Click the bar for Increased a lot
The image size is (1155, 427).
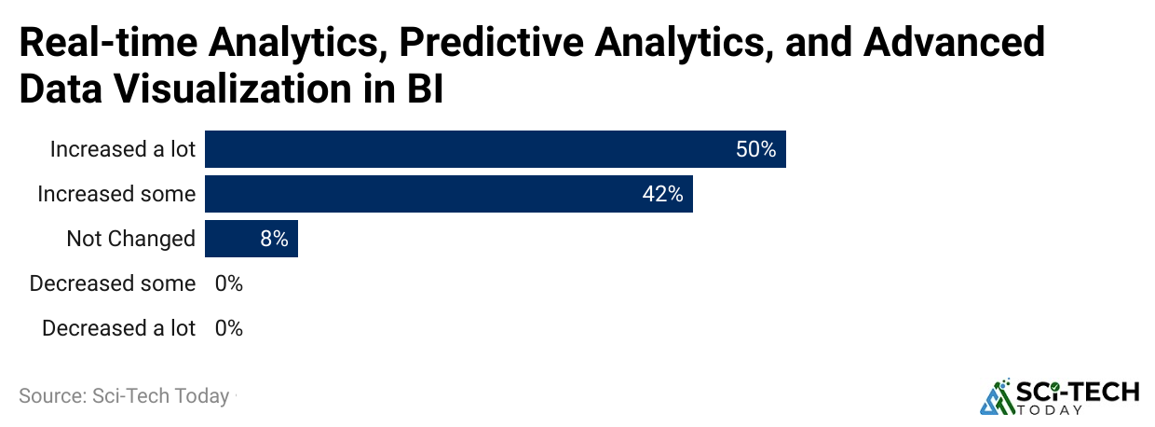[x=495, y=149]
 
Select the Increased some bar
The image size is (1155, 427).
[x=448, y=194]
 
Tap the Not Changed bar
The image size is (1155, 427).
[x=251, y=239]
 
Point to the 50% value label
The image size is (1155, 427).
[x=755, y=149]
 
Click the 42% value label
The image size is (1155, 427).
[x=662, y=194]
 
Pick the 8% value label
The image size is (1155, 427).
[x=274, y=239]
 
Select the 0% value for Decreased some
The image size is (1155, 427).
[x=228, y=283]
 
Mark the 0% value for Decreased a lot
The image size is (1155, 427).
[x=228, y=328]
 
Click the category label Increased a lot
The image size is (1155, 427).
[x=122, y=149]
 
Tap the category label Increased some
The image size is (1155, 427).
[x=116, y=194]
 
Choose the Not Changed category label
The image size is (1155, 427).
[x=130, y=239]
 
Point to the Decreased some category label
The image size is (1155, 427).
[x=113, y=283]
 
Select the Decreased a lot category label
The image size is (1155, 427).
[x=118, y=328]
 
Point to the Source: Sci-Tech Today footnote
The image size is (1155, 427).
[x=124, y=396]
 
